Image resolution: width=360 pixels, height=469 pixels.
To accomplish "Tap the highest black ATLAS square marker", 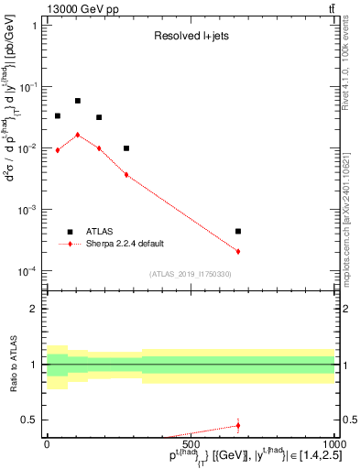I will (78, 101).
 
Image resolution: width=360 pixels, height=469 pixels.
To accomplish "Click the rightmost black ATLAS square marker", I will (238, 232).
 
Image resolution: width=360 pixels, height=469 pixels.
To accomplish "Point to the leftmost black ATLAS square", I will (58, 116).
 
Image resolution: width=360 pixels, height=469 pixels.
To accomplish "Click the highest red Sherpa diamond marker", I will (78, 135).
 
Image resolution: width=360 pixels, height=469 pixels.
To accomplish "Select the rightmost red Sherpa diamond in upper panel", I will (238, 251).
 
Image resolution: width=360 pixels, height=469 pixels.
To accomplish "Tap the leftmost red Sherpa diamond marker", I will (58, 150).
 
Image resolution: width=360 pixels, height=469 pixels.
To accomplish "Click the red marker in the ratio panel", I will (238, 425).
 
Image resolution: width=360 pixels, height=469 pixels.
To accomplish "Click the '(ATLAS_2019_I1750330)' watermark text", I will (190, 274).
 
